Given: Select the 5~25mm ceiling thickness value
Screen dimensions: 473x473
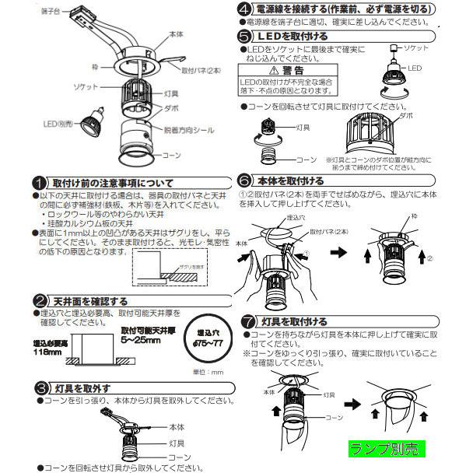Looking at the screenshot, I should (x=144, y=339).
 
